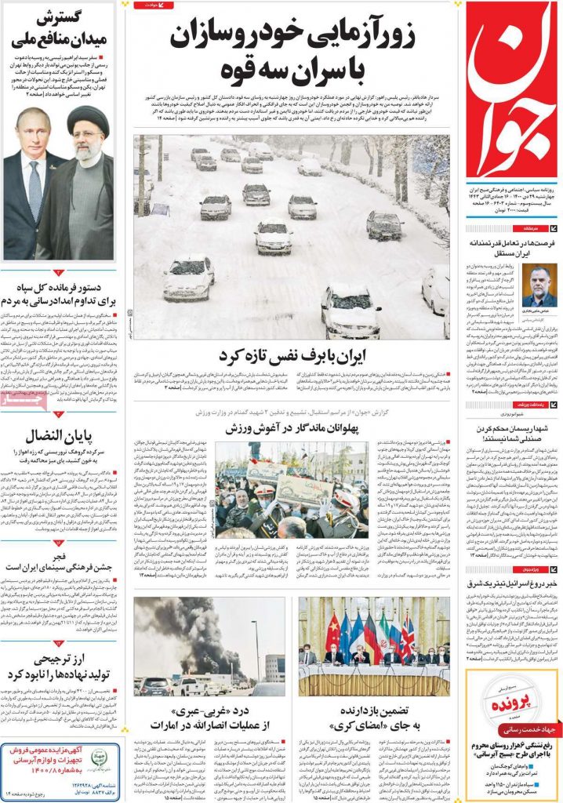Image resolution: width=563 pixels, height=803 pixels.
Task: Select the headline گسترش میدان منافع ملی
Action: coord(59,28)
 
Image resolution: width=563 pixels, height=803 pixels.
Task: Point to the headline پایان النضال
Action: coord(59,437)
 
